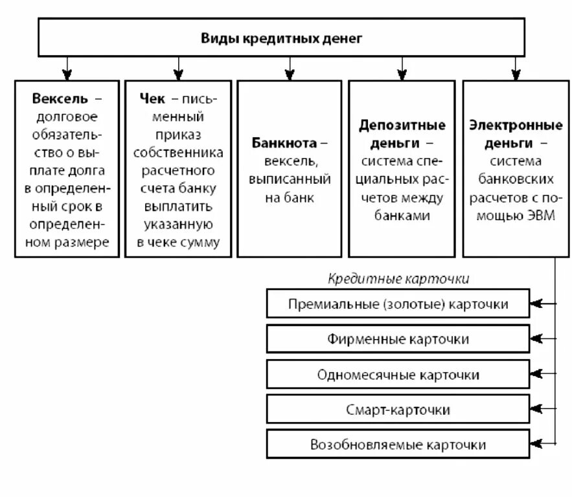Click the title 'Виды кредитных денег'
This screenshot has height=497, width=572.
click(280, 38)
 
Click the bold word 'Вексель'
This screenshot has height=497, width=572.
click(59, 100)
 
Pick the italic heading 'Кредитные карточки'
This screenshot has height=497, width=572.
click(398, 279)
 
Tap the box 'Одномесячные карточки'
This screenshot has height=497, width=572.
click(398, 375)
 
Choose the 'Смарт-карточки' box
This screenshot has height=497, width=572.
click(398, 410)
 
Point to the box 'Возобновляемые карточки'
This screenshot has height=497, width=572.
click(398, 445)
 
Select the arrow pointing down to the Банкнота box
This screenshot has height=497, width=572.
click(290, 68)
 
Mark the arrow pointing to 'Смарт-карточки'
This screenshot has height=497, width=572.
click(539, 409)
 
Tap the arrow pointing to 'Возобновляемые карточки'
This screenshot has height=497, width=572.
click(539, 445)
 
